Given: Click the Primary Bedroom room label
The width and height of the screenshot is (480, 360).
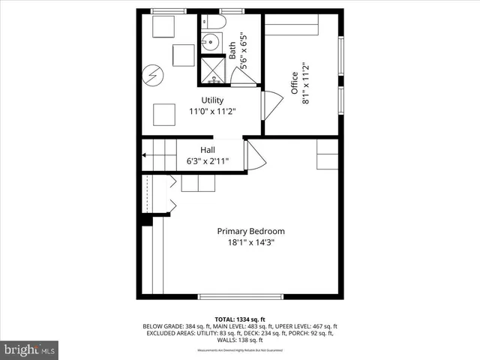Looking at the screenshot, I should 250,231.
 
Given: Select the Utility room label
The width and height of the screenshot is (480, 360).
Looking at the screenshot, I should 212,100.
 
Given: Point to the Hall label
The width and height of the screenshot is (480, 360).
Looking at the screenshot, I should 208,149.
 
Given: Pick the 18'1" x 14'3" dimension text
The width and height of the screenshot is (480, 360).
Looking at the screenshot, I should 250,243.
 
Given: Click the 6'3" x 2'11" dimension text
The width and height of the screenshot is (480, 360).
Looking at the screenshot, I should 208,160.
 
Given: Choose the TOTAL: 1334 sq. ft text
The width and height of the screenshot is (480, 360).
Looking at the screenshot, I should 240,319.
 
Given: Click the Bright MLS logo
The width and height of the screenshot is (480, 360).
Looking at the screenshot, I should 30,349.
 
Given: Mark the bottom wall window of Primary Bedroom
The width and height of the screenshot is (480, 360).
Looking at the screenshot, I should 240,296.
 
